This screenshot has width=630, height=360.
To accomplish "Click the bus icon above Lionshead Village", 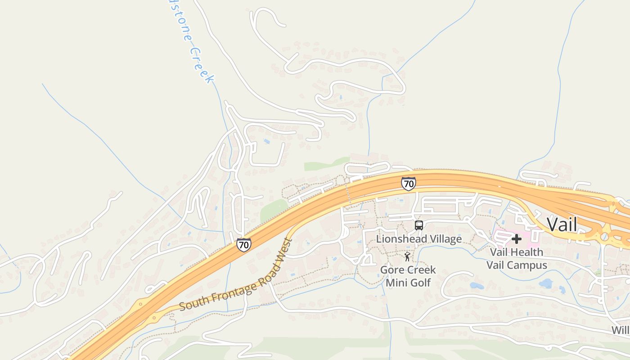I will (x=418, y=225).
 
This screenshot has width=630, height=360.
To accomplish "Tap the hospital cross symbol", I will (x=517, y=238).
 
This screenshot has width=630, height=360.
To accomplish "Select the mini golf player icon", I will (x=407, y=257).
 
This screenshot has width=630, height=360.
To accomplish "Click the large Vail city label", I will (x=562, y=224).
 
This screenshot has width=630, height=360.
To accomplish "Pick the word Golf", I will (x=420, y=283).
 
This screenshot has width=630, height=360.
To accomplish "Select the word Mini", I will (x=396, y=283).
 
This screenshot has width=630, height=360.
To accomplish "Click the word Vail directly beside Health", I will (x=499, y=252).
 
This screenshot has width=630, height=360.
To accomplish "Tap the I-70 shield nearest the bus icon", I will (x=408, y=183).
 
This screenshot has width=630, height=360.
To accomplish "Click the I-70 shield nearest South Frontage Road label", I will (x=243, y=245).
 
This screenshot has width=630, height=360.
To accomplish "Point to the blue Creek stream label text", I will (x=201, y=65).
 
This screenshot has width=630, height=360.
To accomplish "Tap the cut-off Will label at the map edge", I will (x=620, y=330).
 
